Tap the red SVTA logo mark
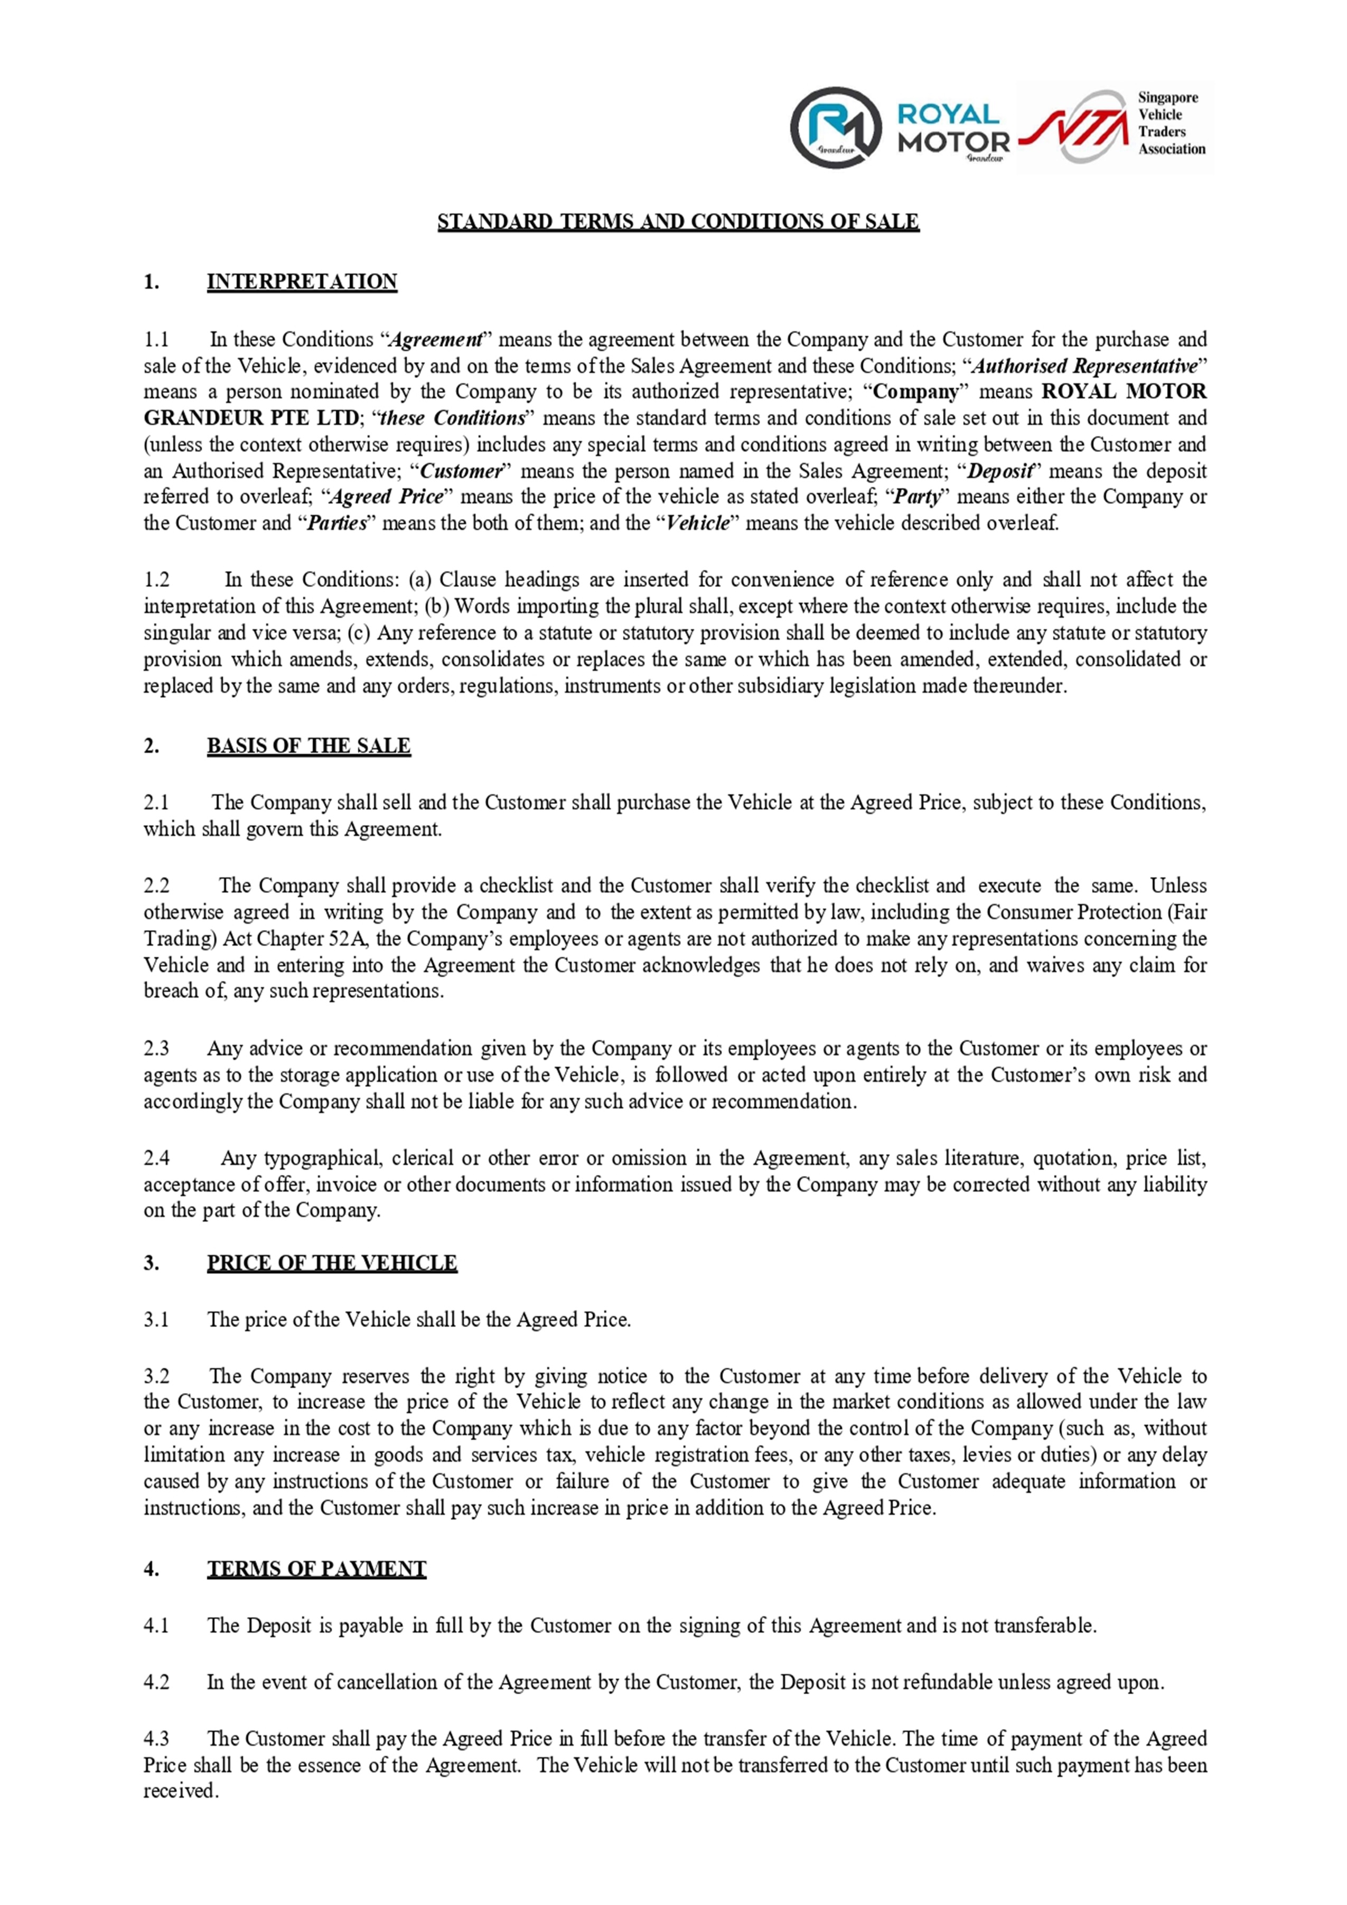1073,127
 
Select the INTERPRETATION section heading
302,282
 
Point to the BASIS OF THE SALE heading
308,746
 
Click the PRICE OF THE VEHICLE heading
332,1263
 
